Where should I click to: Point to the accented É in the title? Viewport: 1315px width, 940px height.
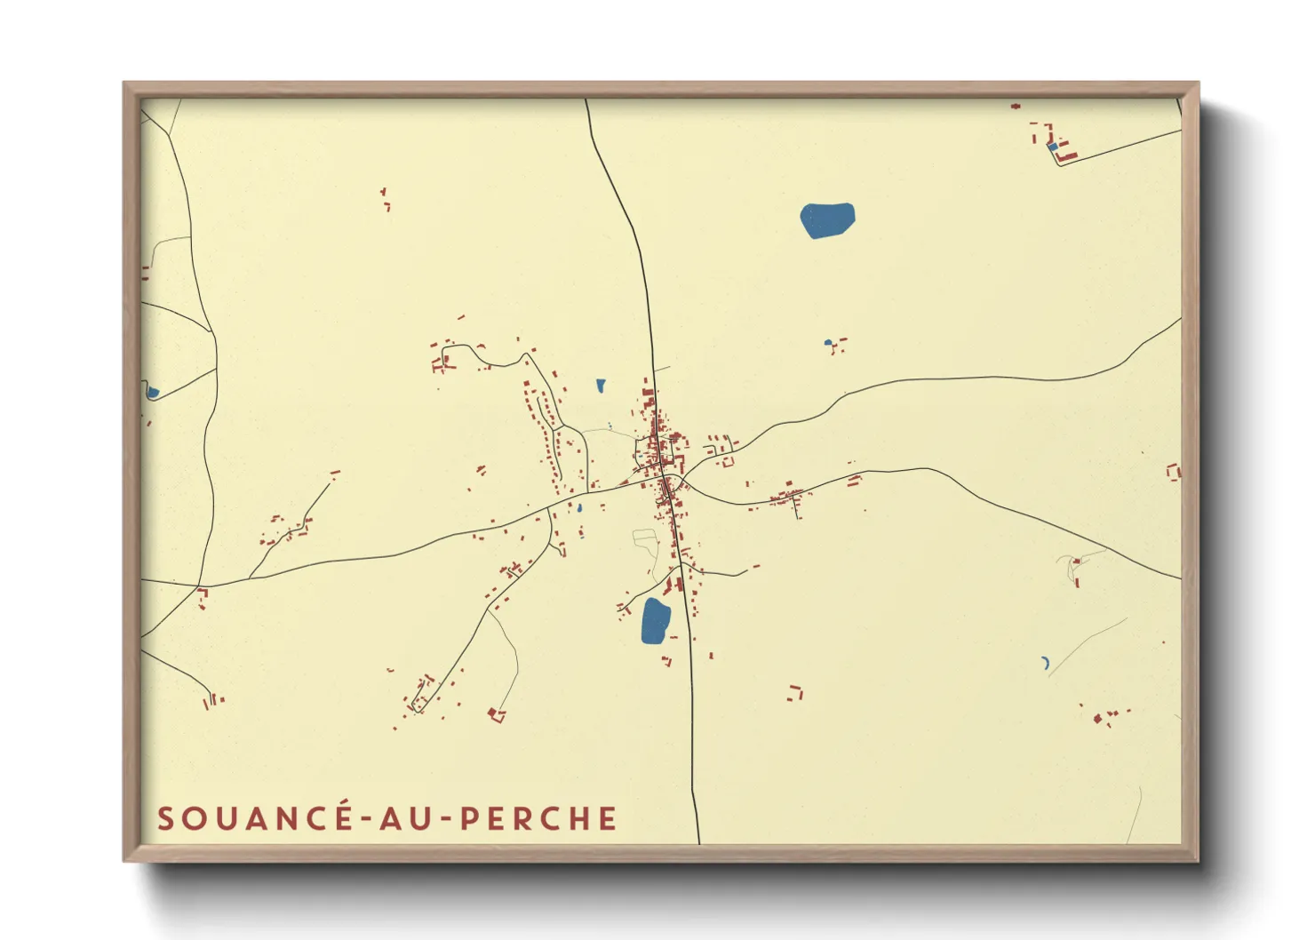(x=344, y=817)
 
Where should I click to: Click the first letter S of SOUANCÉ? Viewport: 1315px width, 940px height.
(x=165, y=818)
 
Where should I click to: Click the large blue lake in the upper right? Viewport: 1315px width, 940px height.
(x=827, y=219)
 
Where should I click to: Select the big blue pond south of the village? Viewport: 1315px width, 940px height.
(x=655, y=620)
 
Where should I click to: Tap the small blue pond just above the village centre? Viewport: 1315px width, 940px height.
(x=602, y=386)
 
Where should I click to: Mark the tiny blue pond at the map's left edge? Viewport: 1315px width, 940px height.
(x=152, y=391)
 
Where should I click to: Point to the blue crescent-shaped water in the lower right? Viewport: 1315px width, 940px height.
(x=1046, y=662)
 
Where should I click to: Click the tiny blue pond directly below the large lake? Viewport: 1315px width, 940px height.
(x=828, y=342)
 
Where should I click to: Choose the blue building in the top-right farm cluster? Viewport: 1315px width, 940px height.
(x=1053, y=147)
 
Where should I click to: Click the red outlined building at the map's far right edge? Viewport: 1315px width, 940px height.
(x=1174, y=471)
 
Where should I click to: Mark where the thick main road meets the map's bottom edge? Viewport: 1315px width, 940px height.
(x=699, y=841)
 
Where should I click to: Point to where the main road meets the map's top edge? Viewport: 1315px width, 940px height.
(x=586, y=100)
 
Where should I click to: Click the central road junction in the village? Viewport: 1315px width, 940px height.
(x=666, y=480)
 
